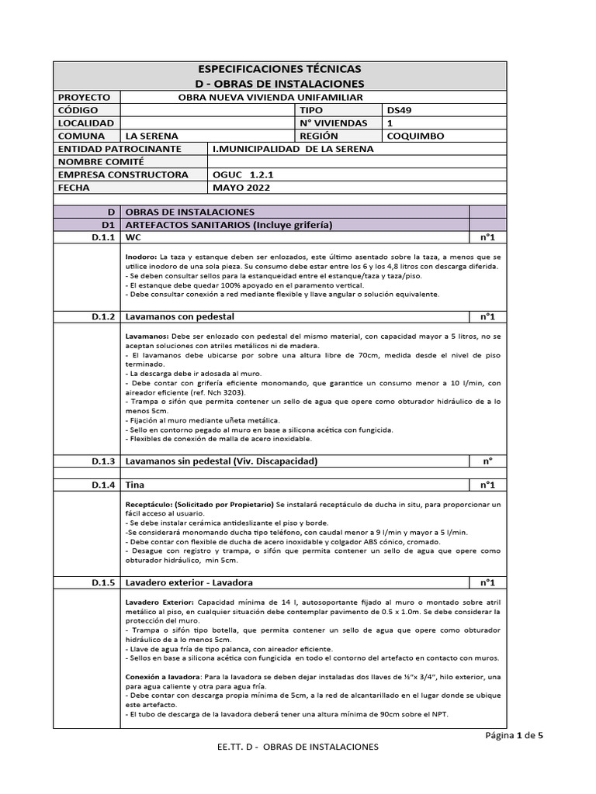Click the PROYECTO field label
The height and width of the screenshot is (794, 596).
point(85,97)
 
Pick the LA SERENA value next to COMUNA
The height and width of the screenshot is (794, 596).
point(147,136)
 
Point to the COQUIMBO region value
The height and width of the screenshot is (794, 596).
point(415,136)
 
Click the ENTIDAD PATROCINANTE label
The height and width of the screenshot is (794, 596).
point(120,148)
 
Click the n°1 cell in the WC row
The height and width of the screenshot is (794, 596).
point(487,237)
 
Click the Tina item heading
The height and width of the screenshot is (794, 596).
point(135,485)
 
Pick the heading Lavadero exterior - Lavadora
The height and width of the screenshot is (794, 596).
point(189,582)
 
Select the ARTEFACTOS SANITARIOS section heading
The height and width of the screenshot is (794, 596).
point(229,224)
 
